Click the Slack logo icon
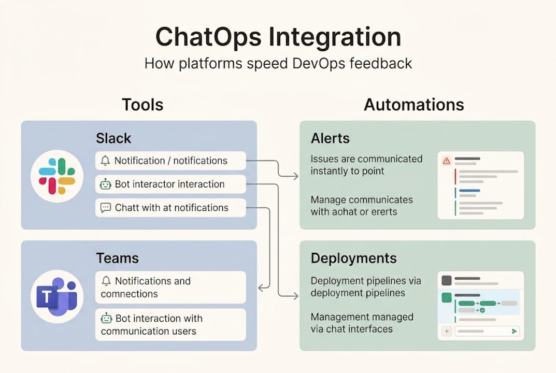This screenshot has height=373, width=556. click(57, 176)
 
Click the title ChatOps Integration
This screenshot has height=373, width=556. click(278, 38)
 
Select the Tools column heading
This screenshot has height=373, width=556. click(142, 105)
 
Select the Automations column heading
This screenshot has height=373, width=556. click(414, 105)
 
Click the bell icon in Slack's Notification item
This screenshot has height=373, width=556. click(105, 161)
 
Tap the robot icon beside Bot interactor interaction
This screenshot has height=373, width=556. click(105, 184)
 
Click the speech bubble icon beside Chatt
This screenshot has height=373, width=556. click(105, 208)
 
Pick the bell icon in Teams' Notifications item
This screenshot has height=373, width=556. click(106, 281)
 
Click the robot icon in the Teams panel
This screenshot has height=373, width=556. click(106, 318)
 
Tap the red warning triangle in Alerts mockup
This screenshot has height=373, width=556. click(446, 161)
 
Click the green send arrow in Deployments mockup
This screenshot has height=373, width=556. click(514, 331)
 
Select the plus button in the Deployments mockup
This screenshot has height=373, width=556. click(447, 331)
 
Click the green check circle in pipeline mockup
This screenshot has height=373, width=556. click(482, 310)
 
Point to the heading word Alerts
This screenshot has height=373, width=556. click(330, 138)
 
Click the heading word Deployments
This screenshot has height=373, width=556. click(353, 258)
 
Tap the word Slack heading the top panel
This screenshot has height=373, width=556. click(113, 138)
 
